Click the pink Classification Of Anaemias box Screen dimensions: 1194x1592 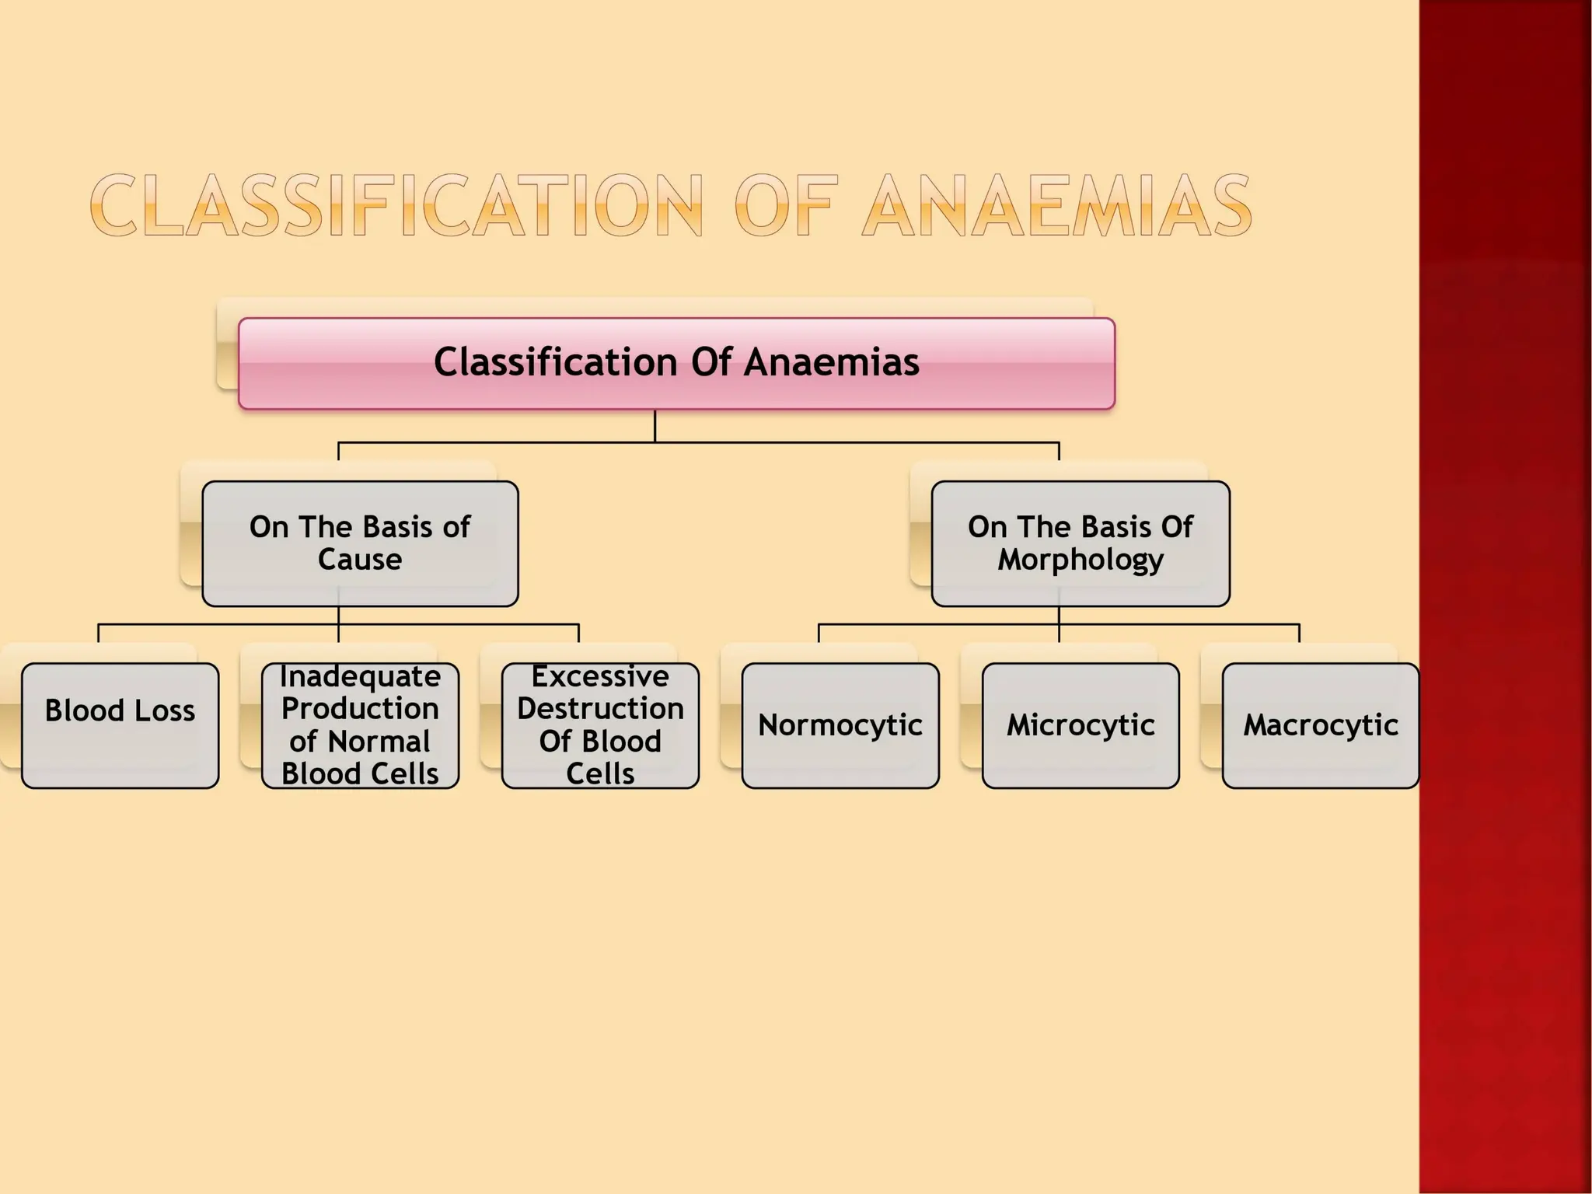(676, 363)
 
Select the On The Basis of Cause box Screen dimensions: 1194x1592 (360, 543)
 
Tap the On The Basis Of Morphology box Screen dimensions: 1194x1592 (1081, 543)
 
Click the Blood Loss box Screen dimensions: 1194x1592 (120, 725)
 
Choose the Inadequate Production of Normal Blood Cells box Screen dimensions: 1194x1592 (360, 725)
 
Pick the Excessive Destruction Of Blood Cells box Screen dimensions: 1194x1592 (600, 725)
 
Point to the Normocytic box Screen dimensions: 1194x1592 (840, 725)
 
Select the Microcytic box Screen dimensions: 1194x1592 (1081, 725)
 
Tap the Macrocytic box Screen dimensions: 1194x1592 (1321, 725)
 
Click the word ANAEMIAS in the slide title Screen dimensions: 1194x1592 (1057, 206)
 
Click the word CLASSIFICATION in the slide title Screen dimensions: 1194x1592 (396, 206)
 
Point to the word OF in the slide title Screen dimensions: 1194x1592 (785, 206)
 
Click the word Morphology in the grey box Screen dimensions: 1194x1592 (1081, 560)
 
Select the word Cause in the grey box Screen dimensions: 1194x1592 (360, 560)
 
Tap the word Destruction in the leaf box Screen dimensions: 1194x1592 (600, 709)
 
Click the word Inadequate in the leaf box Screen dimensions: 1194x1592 (360, 676)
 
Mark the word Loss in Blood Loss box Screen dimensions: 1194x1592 (165, 710)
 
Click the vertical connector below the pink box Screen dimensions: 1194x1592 (655, 425)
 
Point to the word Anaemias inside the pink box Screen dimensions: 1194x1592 (831, 362)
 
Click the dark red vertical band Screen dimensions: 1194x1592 (1505, 597)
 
